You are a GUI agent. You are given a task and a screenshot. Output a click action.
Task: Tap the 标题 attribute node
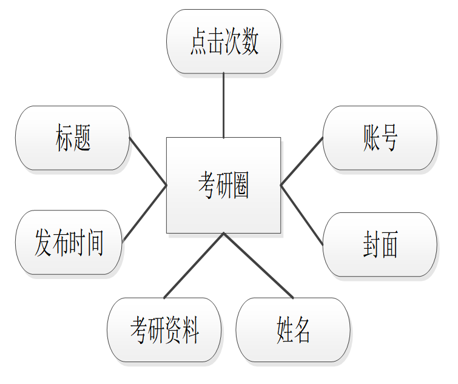point(73,138)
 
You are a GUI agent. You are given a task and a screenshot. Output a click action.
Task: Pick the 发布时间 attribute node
point(69,243)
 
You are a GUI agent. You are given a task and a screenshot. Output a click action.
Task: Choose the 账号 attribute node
point(380,138)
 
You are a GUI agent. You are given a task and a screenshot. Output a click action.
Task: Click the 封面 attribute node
point(380,244)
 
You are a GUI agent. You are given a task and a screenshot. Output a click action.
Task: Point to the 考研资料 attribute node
point(164,330)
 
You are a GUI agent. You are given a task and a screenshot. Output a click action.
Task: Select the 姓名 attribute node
point(293,330)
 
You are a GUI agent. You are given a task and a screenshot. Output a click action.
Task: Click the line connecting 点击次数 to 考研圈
point(223,105)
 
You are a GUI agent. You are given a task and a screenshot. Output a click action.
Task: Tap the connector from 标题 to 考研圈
point(148,161)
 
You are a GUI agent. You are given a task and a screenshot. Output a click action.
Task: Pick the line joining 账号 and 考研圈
point(301,161)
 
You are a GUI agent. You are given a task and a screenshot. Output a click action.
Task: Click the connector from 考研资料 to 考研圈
point(194,265)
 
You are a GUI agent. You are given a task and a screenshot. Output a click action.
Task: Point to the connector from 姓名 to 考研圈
point(258,265)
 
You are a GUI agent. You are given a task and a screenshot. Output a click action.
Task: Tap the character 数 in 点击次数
point(250,42)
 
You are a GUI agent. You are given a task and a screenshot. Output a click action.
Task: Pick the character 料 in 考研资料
point(190,330)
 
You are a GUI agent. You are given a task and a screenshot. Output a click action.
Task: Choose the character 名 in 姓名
point(303,330)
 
